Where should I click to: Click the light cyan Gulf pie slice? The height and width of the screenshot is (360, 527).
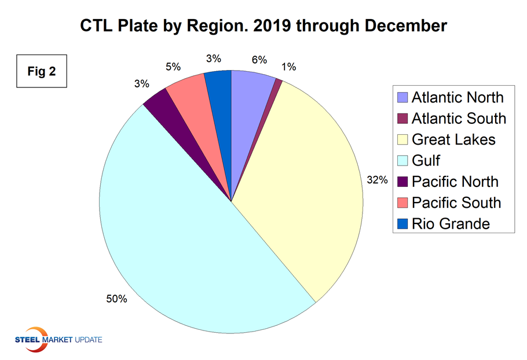[174, 243]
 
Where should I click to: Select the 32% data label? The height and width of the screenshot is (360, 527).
[377, 180]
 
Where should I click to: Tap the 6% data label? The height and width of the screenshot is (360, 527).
[259, 59]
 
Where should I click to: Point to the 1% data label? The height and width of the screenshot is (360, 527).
[289, 67]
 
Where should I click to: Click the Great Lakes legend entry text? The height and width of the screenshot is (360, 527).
[453, 139]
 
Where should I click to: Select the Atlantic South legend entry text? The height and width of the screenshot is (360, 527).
[459, 119]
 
